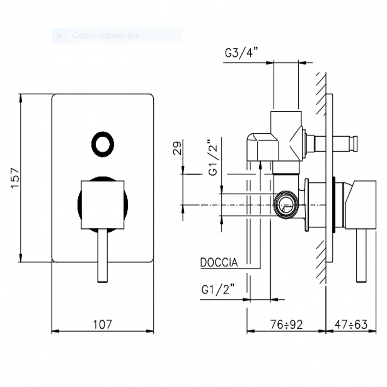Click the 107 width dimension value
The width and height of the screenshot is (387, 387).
point(102,324)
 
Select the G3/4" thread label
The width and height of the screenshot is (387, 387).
point(241,53)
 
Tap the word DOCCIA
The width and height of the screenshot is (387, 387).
point(219,263)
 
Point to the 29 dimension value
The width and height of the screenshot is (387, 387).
point(177,148)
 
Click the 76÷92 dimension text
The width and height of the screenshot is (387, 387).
point(286,324)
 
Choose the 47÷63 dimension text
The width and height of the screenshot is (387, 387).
point(351,324)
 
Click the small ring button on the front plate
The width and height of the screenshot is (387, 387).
point(103,144)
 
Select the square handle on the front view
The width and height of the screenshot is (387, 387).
point(102,204)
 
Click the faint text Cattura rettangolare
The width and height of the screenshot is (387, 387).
point(106,35)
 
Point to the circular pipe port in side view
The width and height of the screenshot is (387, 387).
point(285,204)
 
